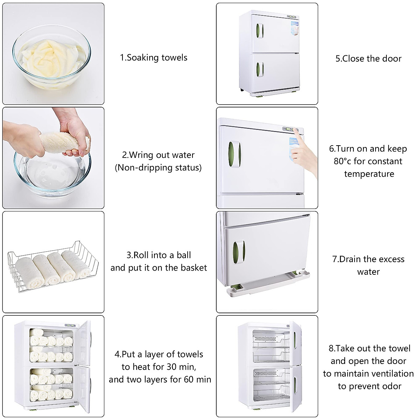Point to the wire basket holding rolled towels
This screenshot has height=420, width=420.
[x=53, y=266]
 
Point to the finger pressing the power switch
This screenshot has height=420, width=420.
[x=297, y=132]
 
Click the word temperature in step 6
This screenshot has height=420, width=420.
[x=369, y=174]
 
